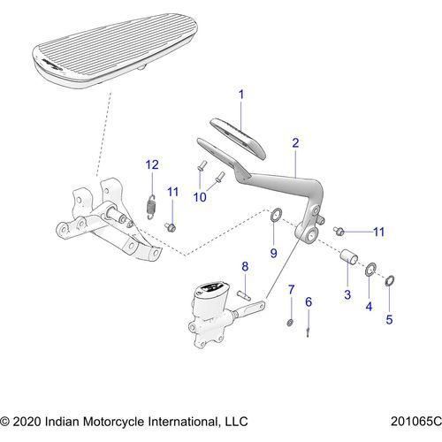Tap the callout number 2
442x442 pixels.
pyautogui.click(x=295, y=142)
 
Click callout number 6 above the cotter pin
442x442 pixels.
pyautogui.click(x=309, y=302)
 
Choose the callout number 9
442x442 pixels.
pyautogui.click(x=273, y=253)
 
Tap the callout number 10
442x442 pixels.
pyautogui.click(x=200, y=196)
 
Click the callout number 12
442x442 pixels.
pyautogui.click(x=152, y=164)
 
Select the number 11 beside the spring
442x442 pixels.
pyautogui.click(x=173, y=192)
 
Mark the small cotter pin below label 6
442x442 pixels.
pyautogui.click(x=306, y=330)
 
